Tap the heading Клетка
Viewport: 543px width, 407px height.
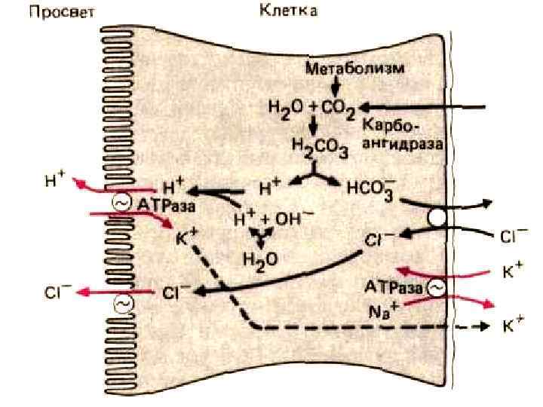(x=288, y=11)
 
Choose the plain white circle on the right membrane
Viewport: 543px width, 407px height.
(x=438, y=219)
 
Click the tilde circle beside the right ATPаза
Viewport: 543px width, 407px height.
(x=437, y=288)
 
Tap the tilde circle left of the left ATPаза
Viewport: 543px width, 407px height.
(x=121, y=202)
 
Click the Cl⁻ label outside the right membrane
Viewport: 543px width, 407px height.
(x=514, y=235)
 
